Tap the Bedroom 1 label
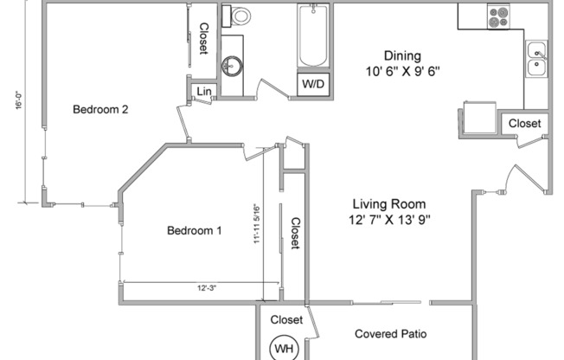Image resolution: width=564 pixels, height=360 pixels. pyautogui.click(x=195, y=230)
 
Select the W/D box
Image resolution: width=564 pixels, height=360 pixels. pyautogui.click(x=313, y=85)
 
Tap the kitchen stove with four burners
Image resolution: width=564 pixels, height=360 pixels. pyautogui.click(x=498, y=16)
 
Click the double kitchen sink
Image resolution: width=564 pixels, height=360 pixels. pyautogui.click(x=536, y=59)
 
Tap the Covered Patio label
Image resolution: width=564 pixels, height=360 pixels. pyautogui.click(x=391, y=334)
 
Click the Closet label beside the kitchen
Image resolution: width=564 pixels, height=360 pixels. pyautogui.click(x=524, y=124)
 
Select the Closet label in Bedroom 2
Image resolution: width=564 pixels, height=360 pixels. pyautogui.click(x=203, y=38)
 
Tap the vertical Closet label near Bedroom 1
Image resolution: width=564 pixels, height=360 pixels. pyautogui.click(x=294, y=234)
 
